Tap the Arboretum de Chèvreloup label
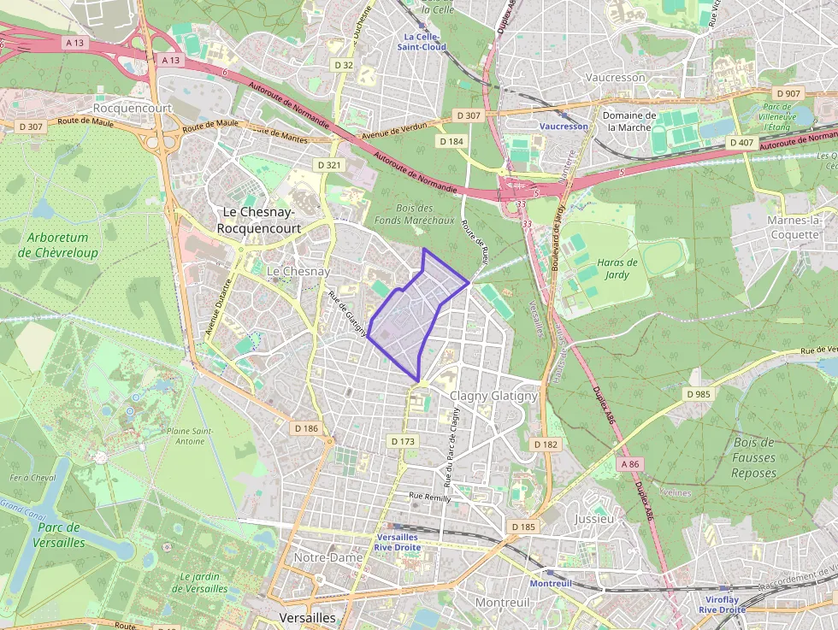click(57, 244)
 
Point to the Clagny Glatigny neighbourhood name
click(493, 396)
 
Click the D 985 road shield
click(699, 394)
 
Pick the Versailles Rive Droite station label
click(398, 542)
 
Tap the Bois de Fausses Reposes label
click(753, 457)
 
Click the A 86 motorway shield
click(630, 463)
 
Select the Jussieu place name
click(594, 519)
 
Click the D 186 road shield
click(305, 427)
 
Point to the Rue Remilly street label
click(429, 496)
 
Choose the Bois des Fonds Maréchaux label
click(414, 214)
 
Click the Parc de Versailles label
click(59, 535)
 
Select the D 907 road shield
click(788, 93)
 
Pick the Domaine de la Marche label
click(629, 121)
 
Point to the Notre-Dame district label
click(328, 557)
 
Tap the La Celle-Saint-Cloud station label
click(421, 42)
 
